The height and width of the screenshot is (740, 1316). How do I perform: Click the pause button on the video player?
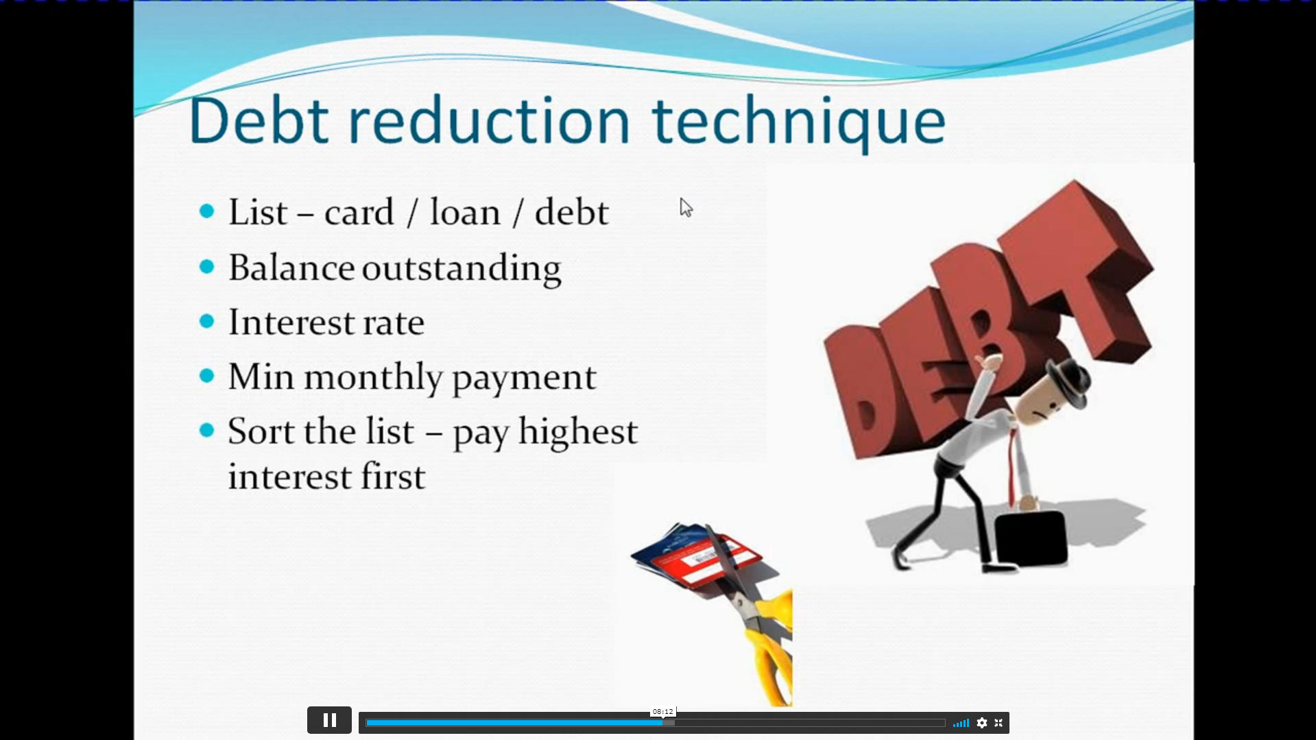pyautogui.click(x=329, y=720)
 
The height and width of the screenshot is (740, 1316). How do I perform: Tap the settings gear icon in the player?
pyautogui.click(x=982, y=723)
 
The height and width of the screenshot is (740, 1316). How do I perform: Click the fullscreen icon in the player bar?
pyautogui.click(x=998, y=723)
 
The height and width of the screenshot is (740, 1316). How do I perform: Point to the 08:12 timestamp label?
pyautogui.click(x=663, y=712)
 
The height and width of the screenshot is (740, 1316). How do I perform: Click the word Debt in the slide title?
pyautogui.click(x=259, y=121)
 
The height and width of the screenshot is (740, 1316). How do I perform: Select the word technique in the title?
pyautogui.click(x=799, y=123)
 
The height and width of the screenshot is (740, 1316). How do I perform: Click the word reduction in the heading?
pyautogui.click(x=489, y=121)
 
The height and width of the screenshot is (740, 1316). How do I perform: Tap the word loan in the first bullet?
pyautogui.click(x=465, y=212)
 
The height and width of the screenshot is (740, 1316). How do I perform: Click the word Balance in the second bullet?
pyautogui.click(x=291, y=267)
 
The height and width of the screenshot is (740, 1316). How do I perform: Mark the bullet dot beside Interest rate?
pyautogui.click(x=206, y=321)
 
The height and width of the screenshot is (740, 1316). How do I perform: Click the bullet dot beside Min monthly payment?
pyautogui.click(x=206, y=376)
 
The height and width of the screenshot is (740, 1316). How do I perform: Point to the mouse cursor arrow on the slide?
pyautogui.click(x=686, y=207)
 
